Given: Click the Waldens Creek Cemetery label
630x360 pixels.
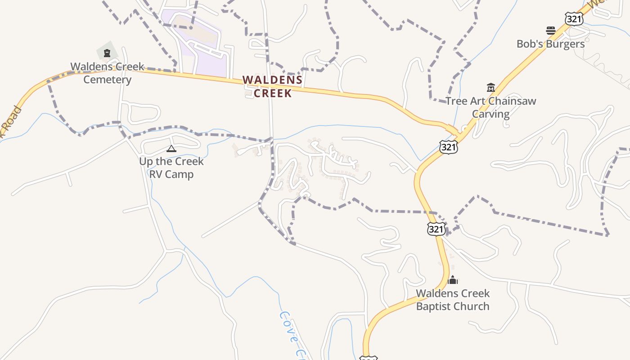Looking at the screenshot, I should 107,73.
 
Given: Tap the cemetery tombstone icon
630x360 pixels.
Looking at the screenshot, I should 107,54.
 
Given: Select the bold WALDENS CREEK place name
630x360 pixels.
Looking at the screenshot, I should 273,86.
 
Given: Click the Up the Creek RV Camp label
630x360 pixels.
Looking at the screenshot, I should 171,167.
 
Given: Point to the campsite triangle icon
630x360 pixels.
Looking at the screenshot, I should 171,148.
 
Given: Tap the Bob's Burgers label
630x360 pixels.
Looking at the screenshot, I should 550,44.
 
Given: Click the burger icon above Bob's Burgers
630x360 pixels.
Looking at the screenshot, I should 551,31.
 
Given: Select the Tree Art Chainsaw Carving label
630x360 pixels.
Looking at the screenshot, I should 490,107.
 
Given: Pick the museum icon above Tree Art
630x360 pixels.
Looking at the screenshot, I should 490,87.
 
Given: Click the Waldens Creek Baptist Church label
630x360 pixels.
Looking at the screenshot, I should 453,300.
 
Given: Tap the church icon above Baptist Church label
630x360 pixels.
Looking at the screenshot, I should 453,280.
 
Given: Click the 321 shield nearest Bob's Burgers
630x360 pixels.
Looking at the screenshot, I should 574,19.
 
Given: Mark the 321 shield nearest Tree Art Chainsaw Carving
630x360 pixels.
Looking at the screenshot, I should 449,147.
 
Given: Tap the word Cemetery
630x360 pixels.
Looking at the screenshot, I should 107,80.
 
